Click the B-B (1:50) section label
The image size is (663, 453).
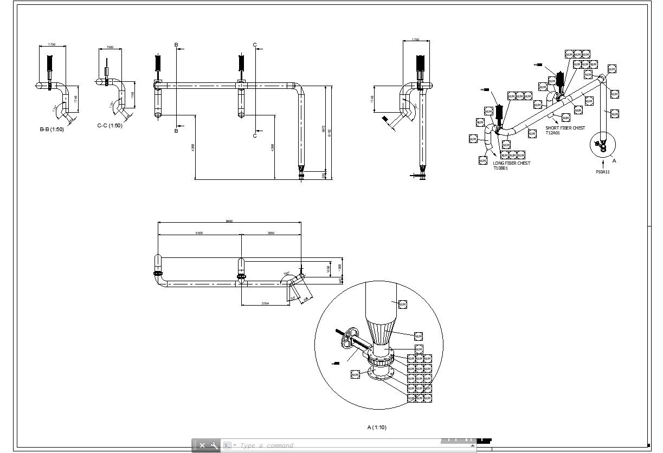[52, 130]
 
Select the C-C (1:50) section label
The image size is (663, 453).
[110, 126]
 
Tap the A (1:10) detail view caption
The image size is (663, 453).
[377, 428]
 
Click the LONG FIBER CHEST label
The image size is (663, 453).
[511, 163]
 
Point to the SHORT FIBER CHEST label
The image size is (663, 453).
[565, 128]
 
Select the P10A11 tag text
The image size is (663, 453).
[603, 172]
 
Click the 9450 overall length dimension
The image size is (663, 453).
[229, 221]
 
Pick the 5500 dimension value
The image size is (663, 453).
[199, 233]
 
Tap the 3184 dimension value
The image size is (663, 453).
[265, 303]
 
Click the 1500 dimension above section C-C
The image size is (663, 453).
[110, 48]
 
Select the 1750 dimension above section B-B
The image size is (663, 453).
[52, 44]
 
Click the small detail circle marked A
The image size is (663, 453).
[602, 145]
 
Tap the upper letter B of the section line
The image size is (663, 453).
[176, 44]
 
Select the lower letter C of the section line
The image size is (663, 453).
[255, 135]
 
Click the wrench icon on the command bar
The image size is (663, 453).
[214, 445]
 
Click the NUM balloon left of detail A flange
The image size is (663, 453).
[355, 374]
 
